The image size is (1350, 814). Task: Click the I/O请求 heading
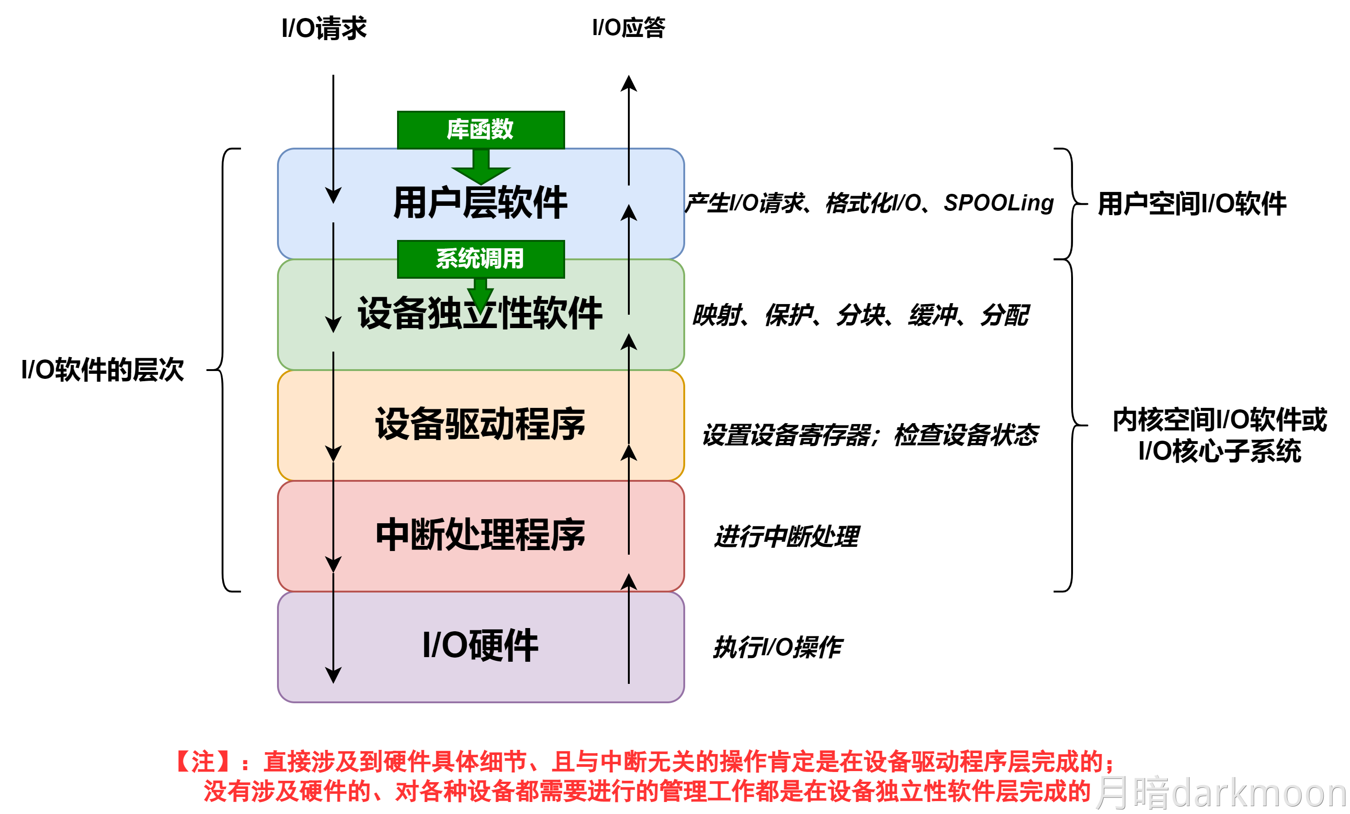pyautogui.click(x=323, y=29)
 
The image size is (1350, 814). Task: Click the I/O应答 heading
pyautogui.click(x=628, y=27)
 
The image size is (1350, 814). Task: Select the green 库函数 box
pyautogui.click(x=481, y=130)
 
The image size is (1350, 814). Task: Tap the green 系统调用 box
pyautogui.click(x=481, y=258)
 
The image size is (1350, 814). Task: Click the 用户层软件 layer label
pyautogui.click(x=481, y=203)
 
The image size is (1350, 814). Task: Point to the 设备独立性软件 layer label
pyautogui.click(x=481, y=314)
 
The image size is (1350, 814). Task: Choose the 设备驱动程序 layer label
pyautogui.click(x=481, y=424)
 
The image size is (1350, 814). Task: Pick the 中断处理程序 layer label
pyautogui.click(x=481, y=535)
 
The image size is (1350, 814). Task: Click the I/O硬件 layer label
pyautogui.click(x=481, y=645)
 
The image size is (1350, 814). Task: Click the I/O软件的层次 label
pyautogui.click(x=102, y=370)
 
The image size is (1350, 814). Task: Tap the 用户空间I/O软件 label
pyautogui.click(x=1192, y=204)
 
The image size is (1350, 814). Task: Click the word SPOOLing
pyautogui.click(x=998, y=203)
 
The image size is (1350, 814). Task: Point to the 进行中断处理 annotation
pyautogui.click(x=787, y=536)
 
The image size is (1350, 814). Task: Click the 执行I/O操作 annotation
pyautogui.click(x=777, y=647)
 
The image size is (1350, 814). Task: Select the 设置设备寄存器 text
pyautogui.click(x=786, y=436)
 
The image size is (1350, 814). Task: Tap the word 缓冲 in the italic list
pyautogui.click(x=933, y=316)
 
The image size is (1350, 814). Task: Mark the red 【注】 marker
pyautogui.click(x=203, y=762)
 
